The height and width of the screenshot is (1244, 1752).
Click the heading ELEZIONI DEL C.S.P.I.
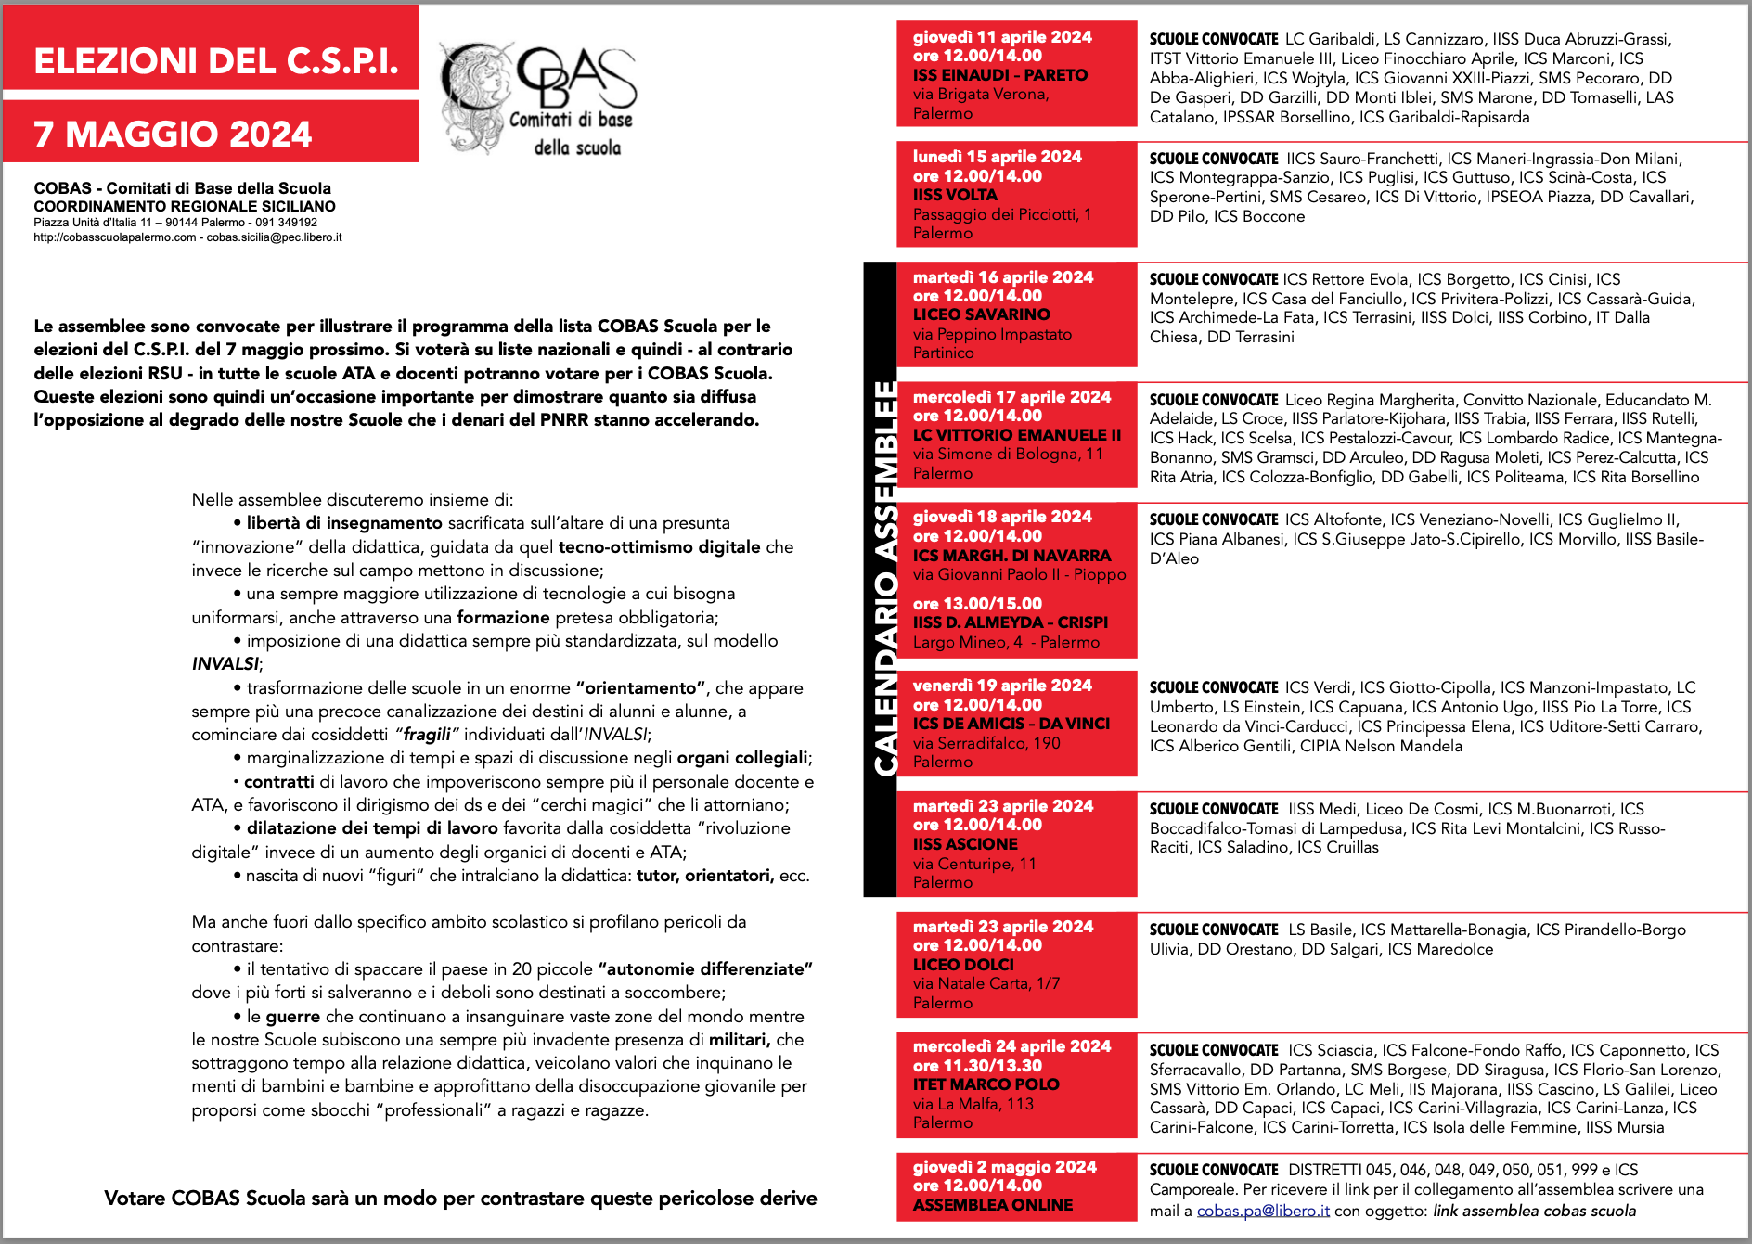coord(216,61)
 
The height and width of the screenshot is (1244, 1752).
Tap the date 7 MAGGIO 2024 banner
coord(173,135)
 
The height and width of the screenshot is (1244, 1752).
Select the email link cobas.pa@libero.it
coord(1263,1211)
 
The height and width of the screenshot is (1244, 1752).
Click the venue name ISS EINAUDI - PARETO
coord(999,75)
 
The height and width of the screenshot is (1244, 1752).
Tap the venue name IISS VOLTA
coord(955,195)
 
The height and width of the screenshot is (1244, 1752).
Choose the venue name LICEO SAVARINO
coord(981,314)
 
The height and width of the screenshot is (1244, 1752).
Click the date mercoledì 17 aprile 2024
coord(1011,397)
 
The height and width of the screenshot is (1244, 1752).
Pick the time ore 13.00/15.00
coord(977,604)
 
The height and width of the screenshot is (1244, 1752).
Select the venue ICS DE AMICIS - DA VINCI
coord(1011,724)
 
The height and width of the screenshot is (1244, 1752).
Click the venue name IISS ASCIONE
coord(965,844)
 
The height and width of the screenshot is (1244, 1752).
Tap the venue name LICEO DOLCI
coord(963,965)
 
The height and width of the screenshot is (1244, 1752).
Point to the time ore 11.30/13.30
coord(977,1066)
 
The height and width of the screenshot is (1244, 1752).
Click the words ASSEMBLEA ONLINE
coord(992,1205)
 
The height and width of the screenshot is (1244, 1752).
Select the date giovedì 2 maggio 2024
coord(1004,1167)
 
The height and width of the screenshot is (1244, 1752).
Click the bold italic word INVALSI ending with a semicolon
coord(225,664)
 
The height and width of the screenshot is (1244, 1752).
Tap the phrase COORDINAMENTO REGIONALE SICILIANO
coord(185,206)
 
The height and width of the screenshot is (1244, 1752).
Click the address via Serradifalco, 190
coord(985,743)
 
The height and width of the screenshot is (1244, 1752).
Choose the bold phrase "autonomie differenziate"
coord(705,969)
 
